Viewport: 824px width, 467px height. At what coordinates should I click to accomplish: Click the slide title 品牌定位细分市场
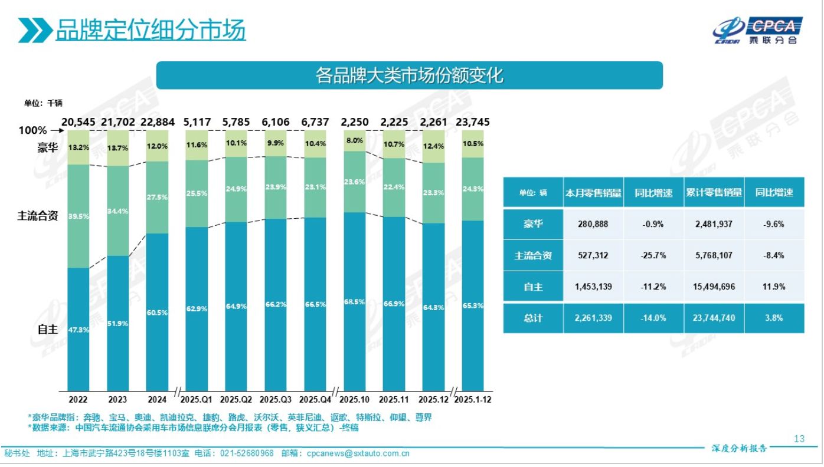pos(151,30)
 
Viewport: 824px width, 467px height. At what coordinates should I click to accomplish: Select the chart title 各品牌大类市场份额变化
pos(409,75)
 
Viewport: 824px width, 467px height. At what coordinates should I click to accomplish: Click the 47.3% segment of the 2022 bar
pos(78,329)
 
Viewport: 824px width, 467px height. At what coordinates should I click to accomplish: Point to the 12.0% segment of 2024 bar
pos(156,146)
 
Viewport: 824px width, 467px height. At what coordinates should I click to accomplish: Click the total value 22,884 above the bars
pos(156,123)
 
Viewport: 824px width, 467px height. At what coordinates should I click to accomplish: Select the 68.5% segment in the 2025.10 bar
pos(355,301)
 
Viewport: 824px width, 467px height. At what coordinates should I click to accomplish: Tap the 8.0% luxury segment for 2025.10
pos(355,141)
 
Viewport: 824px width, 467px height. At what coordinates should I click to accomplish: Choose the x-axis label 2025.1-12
pos(472,399)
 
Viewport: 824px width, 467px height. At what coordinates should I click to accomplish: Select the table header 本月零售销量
pos(593,192)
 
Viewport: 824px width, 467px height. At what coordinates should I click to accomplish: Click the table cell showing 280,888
pos(593,224)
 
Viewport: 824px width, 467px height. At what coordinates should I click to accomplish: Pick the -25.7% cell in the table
pos(654,255)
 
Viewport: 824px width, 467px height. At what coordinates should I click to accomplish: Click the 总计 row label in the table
pos(533,318)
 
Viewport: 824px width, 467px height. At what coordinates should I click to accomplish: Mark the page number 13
pos(799,439)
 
